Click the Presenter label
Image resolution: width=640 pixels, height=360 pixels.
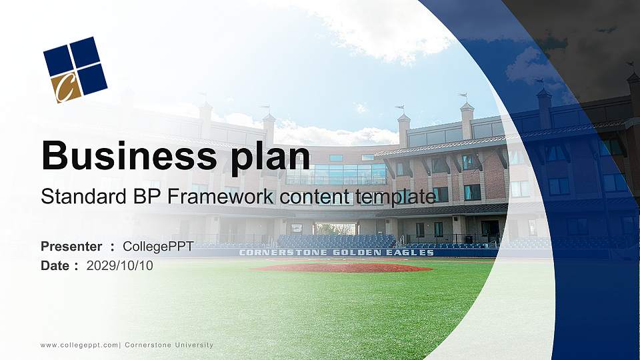(71, 247)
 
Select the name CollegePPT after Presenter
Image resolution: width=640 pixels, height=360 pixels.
(158, 247)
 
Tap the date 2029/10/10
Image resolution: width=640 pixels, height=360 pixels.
(120, 265)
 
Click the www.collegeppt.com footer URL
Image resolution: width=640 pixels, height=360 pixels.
(79, 345)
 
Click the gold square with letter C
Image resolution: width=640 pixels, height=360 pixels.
(66, 87)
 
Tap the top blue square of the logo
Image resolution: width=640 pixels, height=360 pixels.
(85, 51)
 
